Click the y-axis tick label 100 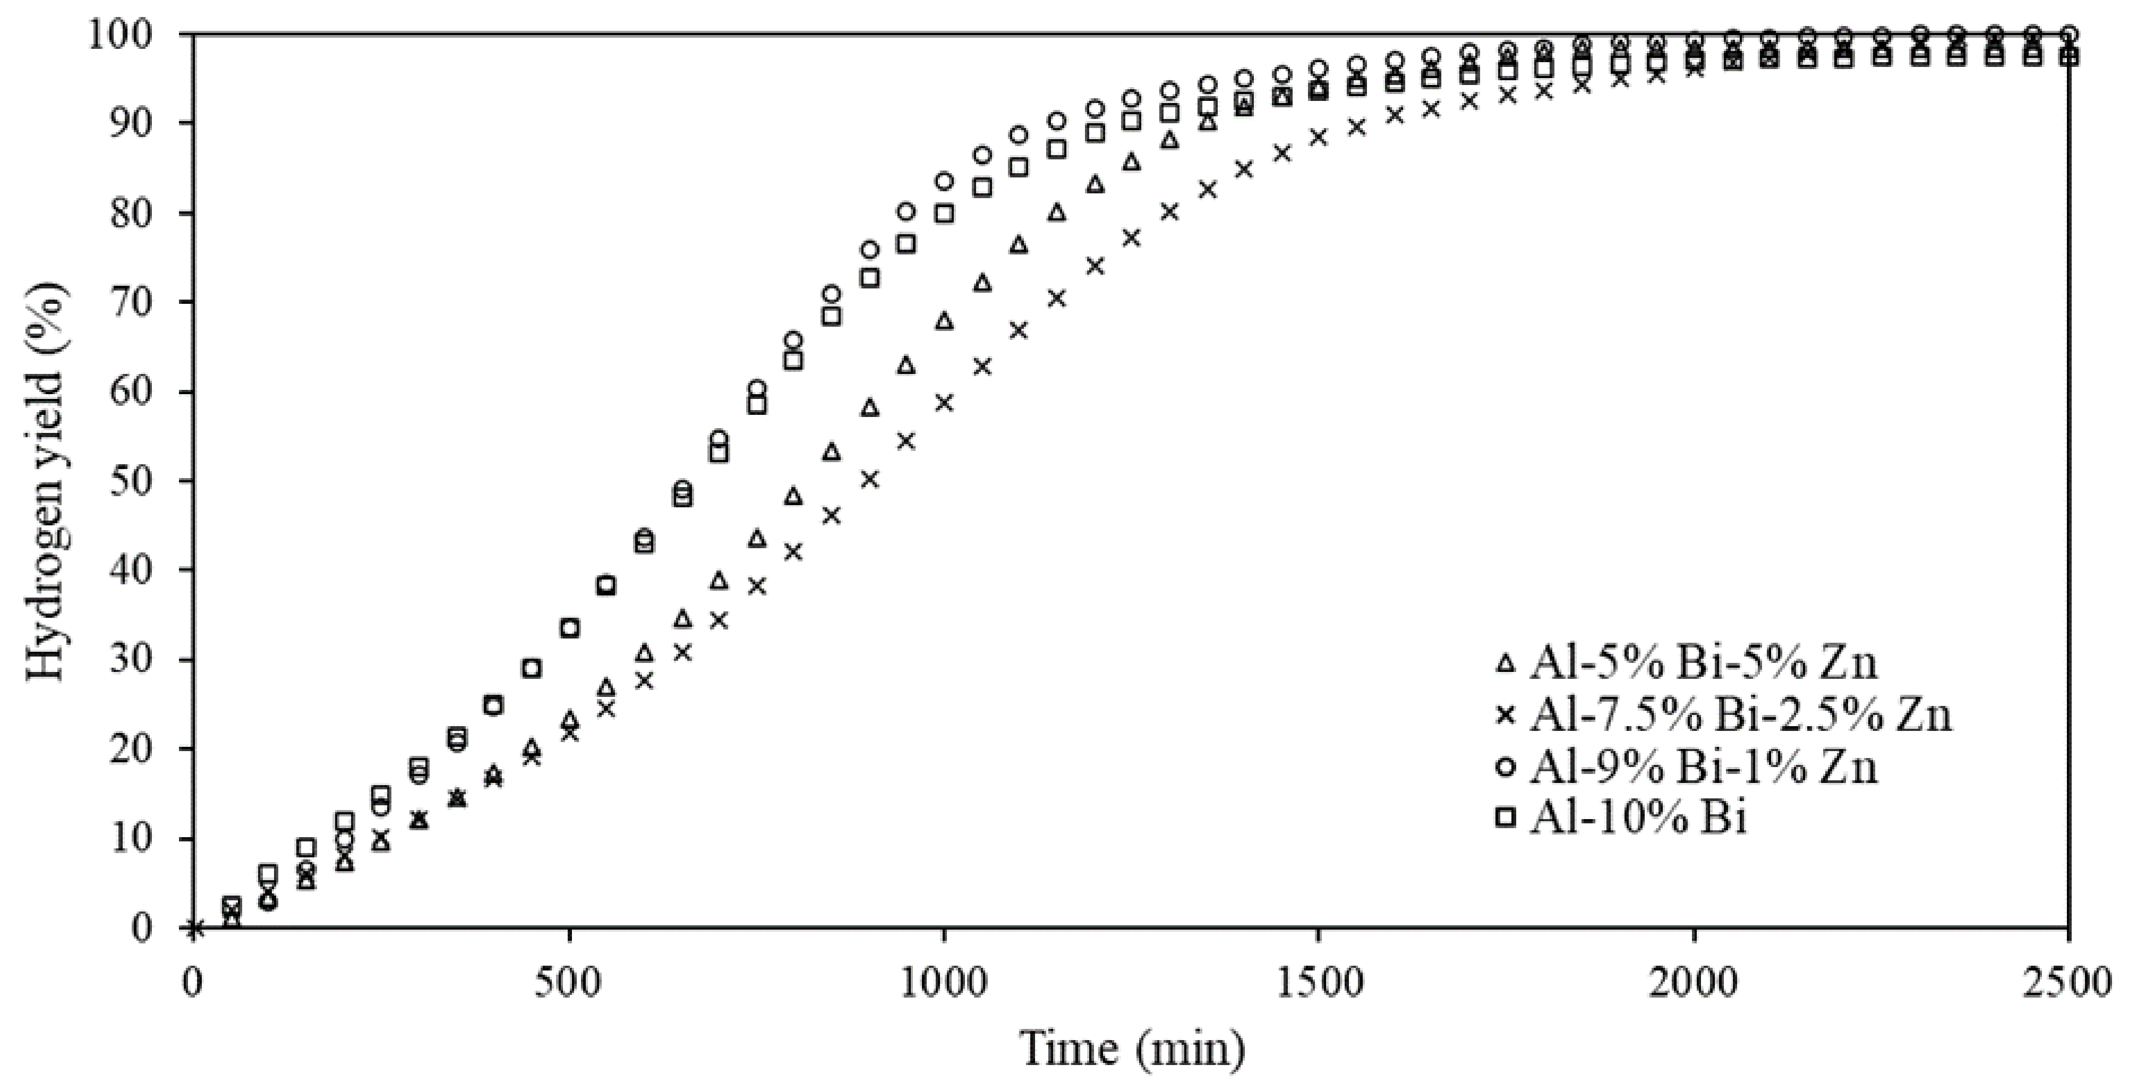tap(126, 35)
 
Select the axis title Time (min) tap(1132, 1049)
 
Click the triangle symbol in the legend tap(1505, 663)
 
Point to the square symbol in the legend tap(1505, 818)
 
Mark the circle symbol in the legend tap(1505, 768)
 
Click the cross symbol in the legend tap(1505, 715)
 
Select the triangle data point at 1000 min tap(944, 321)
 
